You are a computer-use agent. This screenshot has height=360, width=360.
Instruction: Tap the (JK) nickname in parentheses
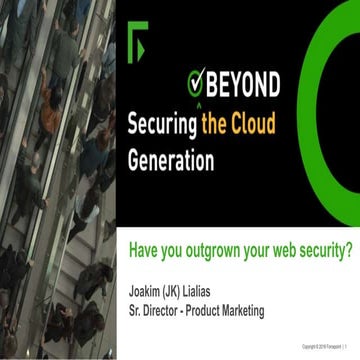coord(184,292)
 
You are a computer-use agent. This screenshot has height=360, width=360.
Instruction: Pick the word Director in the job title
coord(167,310)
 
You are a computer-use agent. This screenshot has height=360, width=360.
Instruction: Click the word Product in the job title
coord(215,310)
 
